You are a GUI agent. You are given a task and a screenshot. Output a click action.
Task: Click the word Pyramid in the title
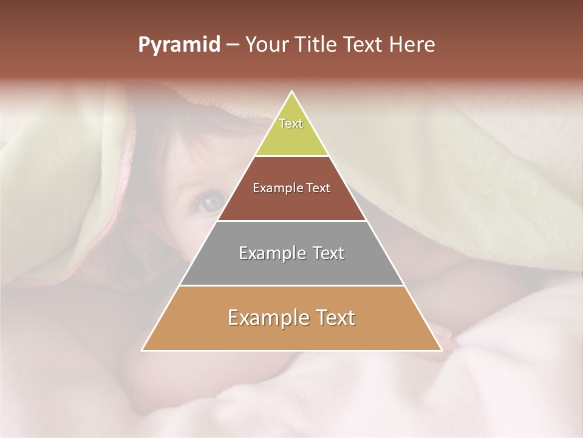point(179,45)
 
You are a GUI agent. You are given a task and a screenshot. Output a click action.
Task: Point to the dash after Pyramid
point(232,45)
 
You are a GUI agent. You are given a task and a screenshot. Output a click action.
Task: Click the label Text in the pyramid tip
point(291,123)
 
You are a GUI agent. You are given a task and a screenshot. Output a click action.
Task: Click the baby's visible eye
point(211,203)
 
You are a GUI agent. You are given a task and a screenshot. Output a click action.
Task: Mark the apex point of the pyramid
point(292,92)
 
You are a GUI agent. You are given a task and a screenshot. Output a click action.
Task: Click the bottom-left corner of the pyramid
point(143,350)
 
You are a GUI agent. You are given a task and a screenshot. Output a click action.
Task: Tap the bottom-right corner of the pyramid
point(441,350)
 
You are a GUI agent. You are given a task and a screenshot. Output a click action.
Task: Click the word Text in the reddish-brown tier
point(318,188)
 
